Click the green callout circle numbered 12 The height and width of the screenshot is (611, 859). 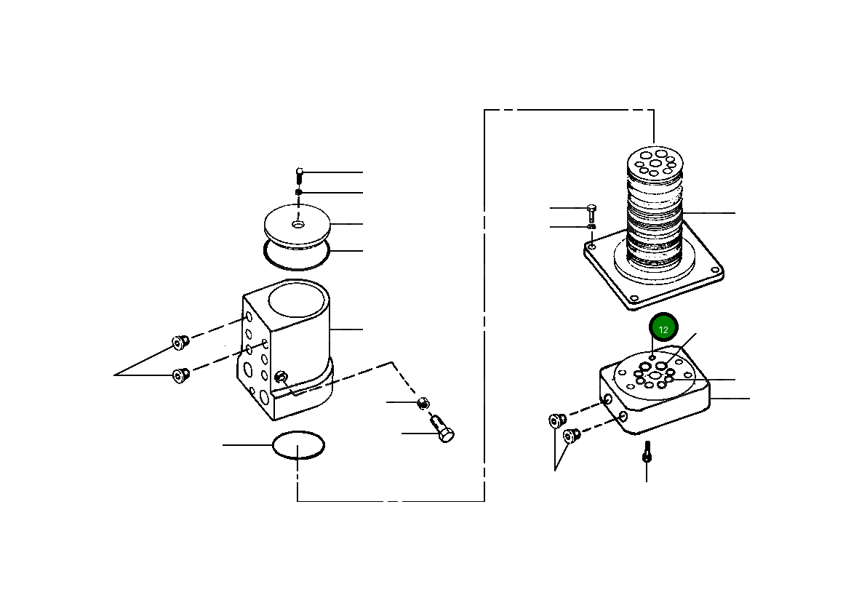pos(663,329)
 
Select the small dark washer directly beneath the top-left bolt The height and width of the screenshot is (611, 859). pos(298,192)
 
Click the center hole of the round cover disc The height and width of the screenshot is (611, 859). pos(298,224)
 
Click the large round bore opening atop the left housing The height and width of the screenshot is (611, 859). pos(295,299)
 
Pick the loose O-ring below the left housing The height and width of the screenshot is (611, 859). pos(298,444)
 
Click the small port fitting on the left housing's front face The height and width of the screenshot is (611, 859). pos(281,377)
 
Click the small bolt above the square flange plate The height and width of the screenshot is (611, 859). pos(591,212)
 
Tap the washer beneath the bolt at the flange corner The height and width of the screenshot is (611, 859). pos(591,227)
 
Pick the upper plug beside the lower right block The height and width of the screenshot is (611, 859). pos(557,420)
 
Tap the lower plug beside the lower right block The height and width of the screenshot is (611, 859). pos(571,436)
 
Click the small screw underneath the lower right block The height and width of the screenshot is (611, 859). pos(646,452)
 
